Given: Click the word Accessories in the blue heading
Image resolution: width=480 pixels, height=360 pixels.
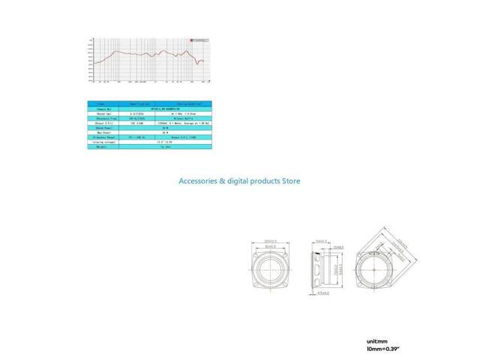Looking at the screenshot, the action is point(202,181).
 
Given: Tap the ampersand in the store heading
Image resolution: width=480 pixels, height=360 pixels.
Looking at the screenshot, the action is point(229,181).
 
